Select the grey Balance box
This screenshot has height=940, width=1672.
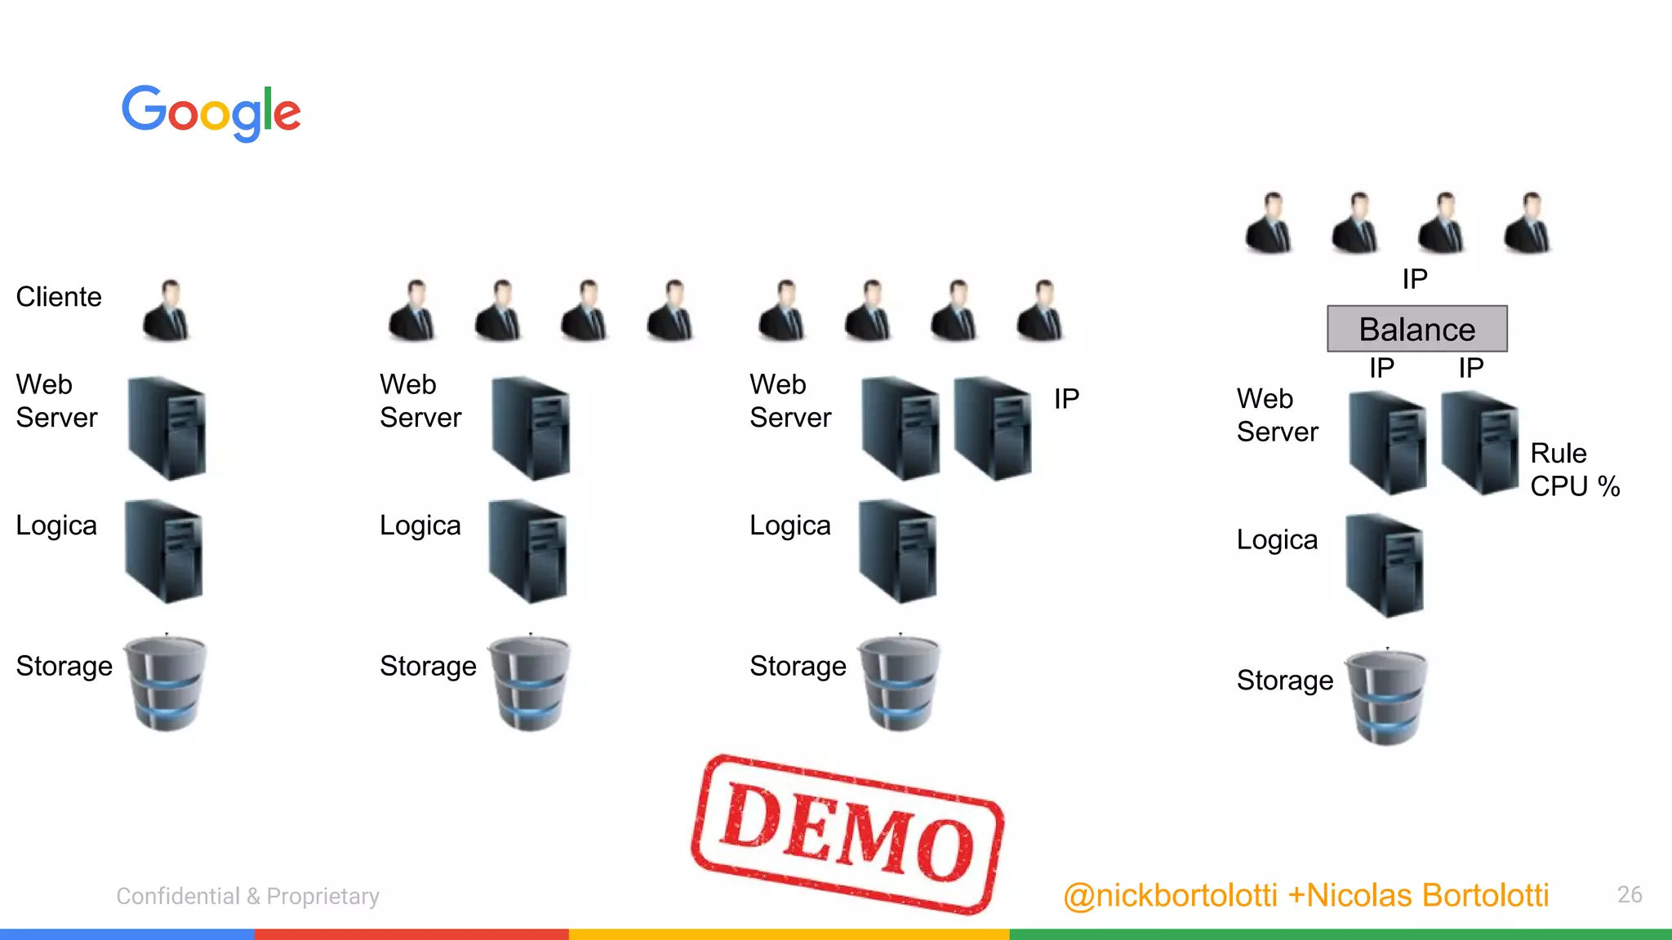pyautogui.click(x=1416, y=329)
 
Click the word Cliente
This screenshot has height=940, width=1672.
pyautogui.click(x=59, y=297)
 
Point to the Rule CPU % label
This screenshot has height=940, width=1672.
pyautogui.click(x=1573, y=470)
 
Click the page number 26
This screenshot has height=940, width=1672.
pyautogui.click(x=1630, y=894)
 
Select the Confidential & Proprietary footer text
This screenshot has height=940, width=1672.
pyautogui.click(x=247, y=896)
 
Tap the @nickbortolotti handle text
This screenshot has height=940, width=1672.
pyautogui.click(x=1170, y=896)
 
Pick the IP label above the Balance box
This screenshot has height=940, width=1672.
pyautogui.click(x=1415, y=279)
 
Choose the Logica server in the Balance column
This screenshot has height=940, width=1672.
pyautogui.click(x=1385, y=565)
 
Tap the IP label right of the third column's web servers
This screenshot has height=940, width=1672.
pyautogui.click(x=1066, y=399)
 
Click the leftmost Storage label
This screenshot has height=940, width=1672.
pyautogui.click(x=64, y=666)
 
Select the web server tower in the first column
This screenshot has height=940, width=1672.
pyautogui.click(x=167, y=428)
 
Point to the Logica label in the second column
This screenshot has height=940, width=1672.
pyautogui.click(x=420, y=525)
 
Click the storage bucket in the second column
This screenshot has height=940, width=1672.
pyautogui.click(x=529, y=682)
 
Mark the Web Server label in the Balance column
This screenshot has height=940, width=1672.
pyautogui.click(x=1277, y=415)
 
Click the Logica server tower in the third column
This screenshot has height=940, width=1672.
pyautogui.click(x=898, y=551)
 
